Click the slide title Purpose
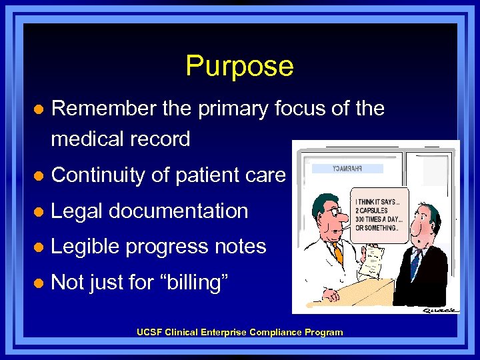[x=239, y=66]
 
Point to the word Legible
[x=85, y=247]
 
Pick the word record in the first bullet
[x=161, y=139]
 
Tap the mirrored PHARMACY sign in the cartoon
[x=347, y=169]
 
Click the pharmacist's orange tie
[x=337, y=252]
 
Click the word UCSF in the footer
[x=148, y=332]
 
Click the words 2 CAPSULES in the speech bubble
[x=373, y=211]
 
